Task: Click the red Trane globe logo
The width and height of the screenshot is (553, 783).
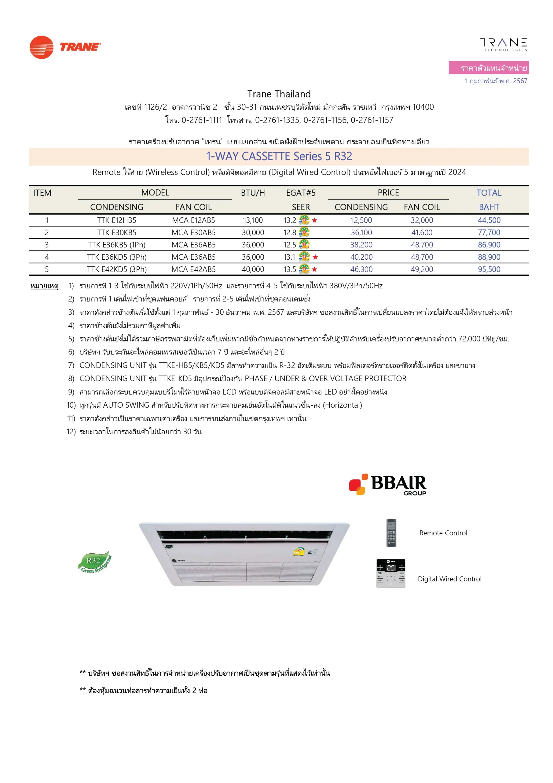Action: click(41, 47)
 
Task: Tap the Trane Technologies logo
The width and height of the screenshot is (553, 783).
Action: click(503, 45)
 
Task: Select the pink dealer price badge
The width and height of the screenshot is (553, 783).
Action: click(489, 68)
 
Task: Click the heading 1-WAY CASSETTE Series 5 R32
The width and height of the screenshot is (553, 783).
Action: click(279, 156)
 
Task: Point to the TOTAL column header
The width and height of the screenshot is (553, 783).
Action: click(489, 193)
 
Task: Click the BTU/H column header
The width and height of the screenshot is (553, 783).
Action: click(253, 193)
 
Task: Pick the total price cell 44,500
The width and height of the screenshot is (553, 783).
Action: click(489, 220)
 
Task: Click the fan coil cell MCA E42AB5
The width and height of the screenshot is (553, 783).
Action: click(193, 269)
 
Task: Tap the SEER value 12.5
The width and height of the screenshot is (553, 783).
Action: click(290, 245)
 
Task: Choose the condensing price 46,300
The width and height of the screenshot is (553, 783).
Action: click(361, 269)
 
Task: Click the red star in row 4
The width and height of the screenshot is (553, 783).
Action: click(315, 257)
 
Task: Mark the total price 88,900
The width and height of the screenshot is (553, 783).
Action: click(489, 257)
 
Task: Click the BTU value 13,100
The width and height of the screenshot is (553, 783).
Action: click(253, 220)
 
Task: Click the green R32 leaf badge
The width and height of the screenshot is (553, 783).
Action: click(95, 562)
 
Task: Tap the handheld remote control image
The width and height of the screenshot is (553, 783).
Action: click(391, 533)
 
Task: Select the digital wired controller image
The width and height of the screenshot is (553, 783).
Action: click(391, 573)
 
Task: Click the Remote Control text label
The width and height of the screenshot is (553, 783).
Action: click(443, 533)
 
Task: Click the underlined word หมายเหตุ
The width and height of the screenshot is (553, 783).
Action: click(44, 286)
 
